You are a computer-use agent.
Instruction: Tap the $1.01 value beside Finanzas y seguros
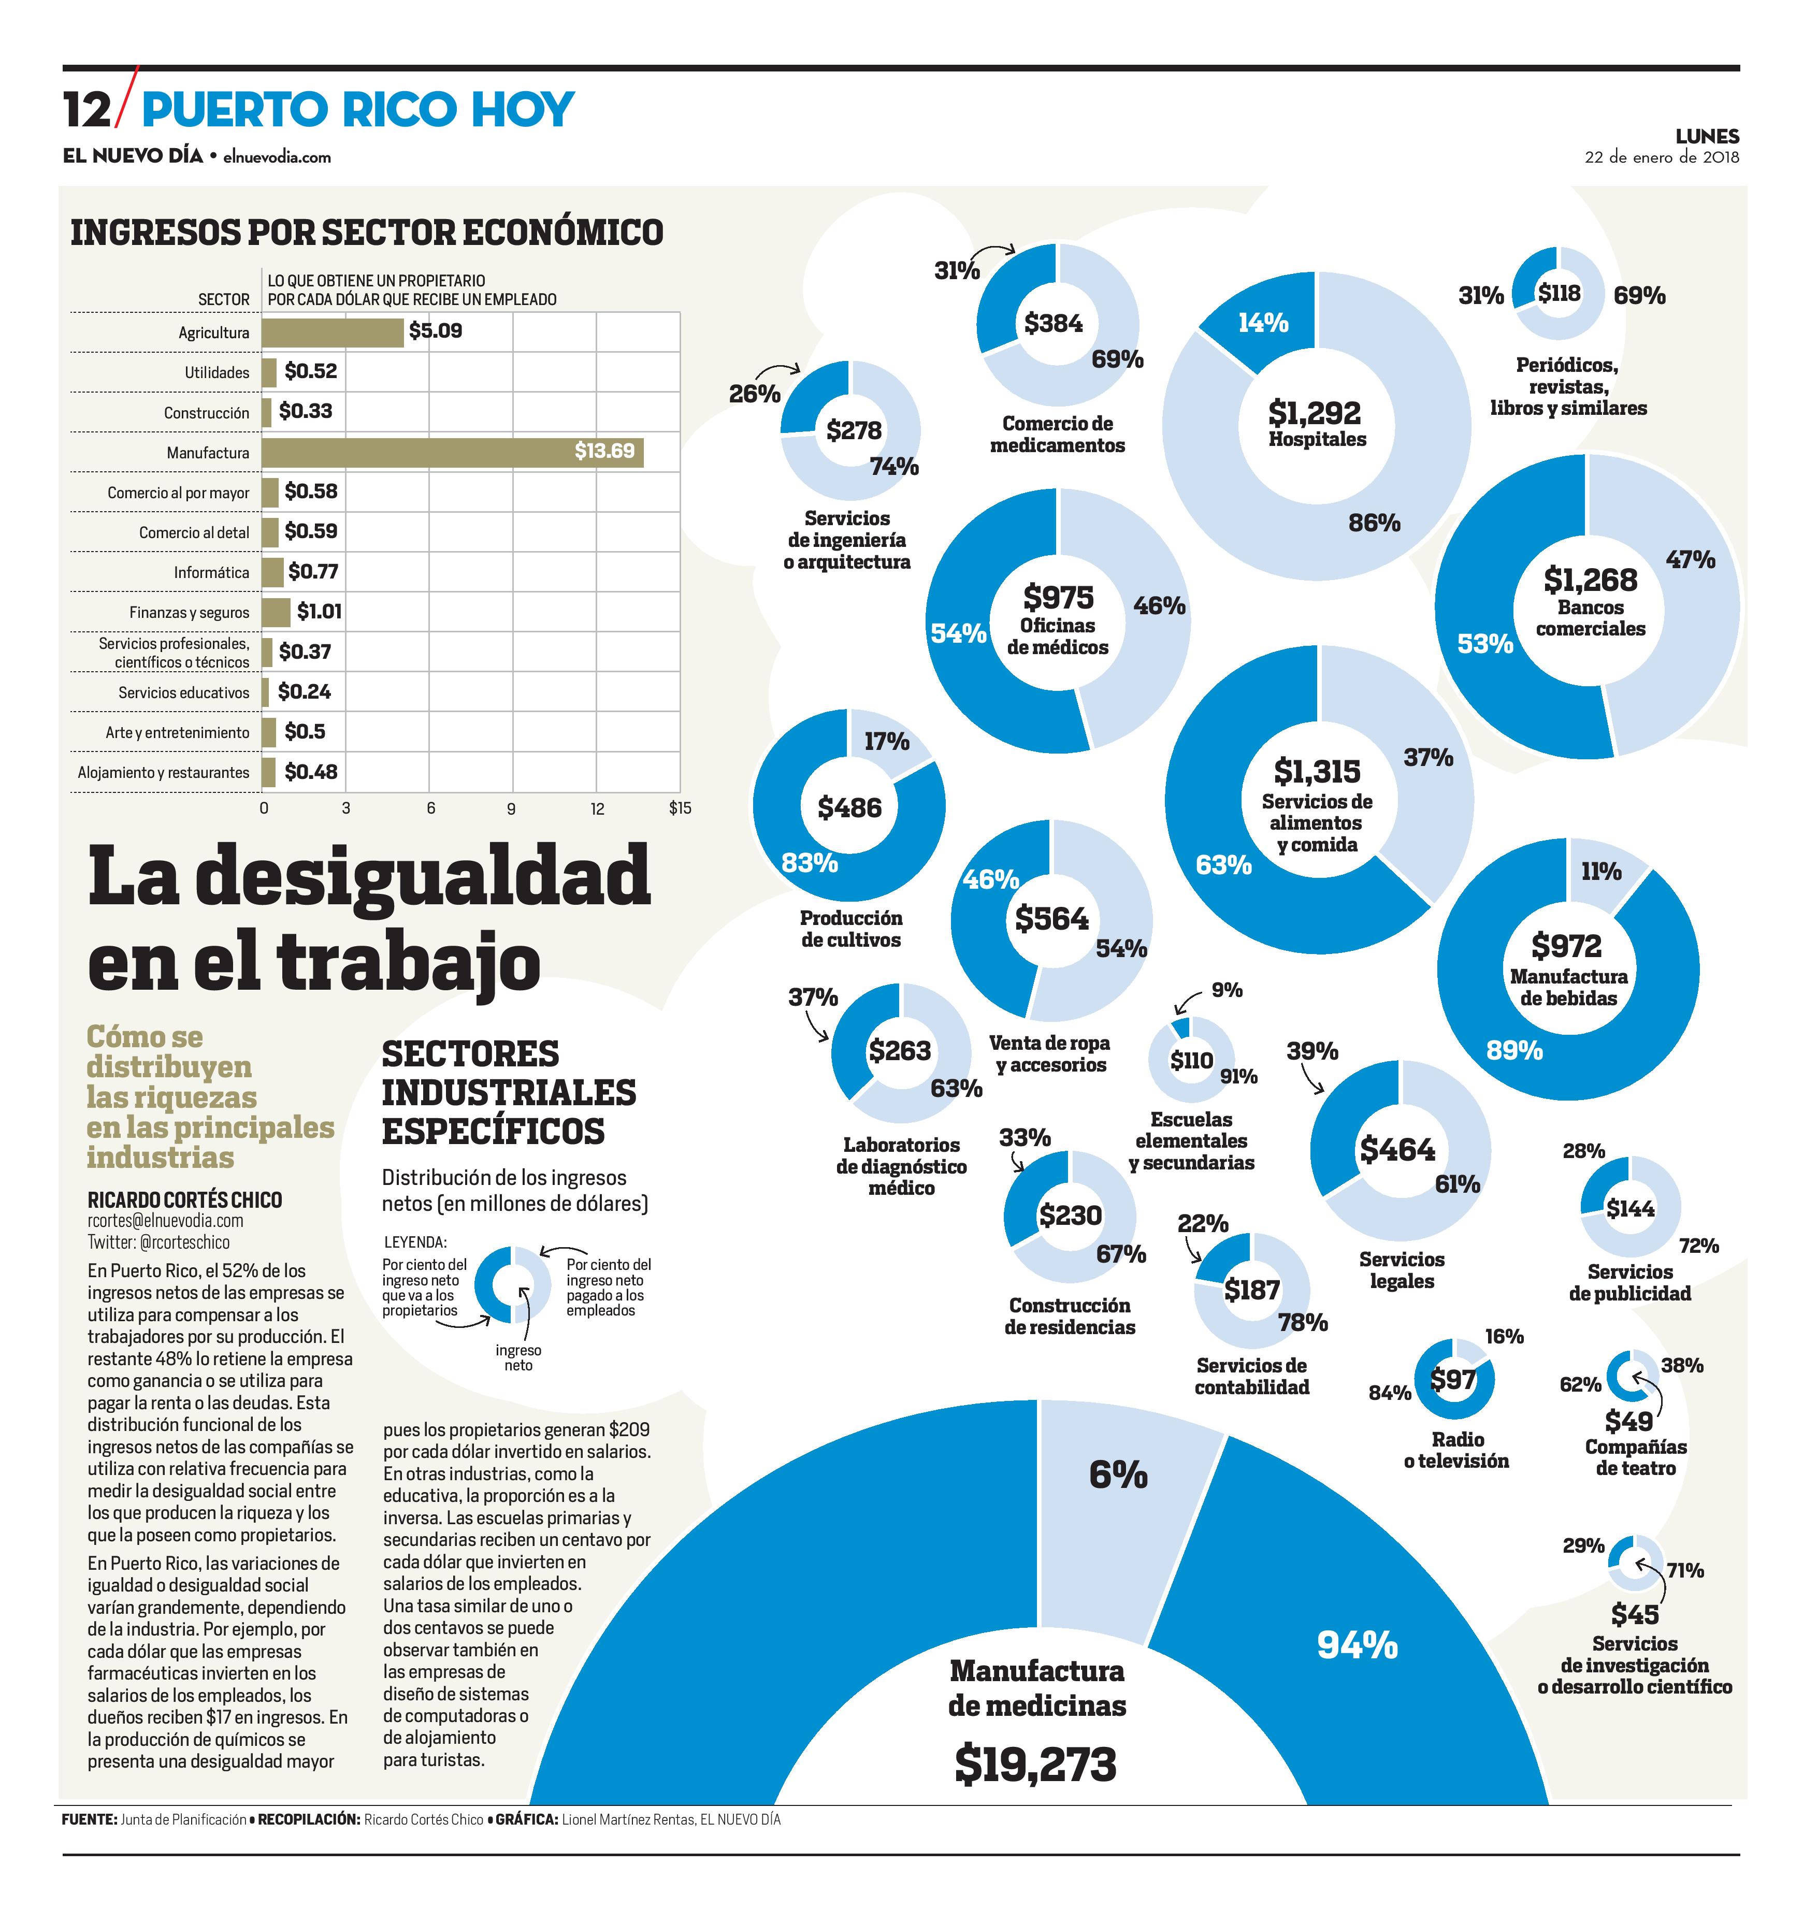[x=319, y=611]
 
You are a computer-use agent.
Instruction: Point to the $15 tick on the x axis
[x=680, y=808]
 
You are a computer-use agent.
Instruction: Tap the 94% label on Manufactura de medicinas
[x=1357, y=1644]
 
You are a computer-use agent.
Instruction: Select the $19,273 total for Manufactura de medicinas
[x=1035, y=1765]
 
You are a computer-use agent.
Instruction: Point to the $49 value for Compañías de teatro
[x=1629, y=1421]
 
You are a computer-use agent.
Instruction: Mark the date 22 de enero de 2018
[x=1661, y=157]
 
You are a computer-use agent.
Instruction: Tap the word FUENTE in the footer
[x=89, y=1819]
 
